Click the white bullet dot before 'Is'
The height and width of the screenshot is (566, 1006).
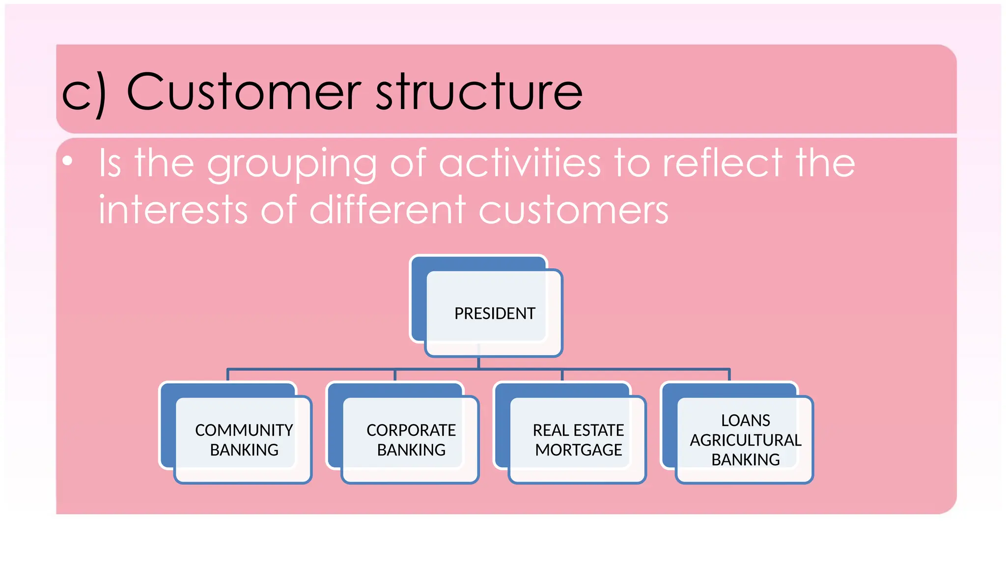(x=68, y=161)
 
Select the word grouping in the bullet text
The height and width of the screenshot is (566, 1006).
(x=292, y=165)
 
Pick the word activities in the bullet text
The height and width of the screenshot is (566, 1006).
(x=520, y=163)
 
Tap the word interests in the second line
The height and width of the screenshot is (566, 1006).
(x=172, y=210)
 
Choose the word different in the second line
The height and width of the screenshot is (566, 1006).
(x=388, y=210)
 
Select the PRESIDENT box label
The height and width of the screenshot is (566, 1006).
(x=494, y=313)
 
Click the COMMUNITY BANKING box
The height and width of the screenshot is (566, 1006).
(x=243, y=440)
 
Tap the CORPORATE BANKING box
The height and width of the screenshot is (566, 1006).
(x=411, y=440)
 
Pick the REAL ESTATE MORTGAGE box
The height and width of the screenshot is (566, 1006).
(x=578, y=440)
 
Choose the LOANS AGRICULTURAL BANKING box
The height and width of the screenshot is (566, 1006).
(x=745, y=440)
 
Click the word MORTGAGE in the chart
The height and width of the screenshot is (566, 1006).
(x=578, y=450)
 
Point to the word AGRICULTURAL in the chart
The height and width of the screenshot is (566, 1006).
(x=745, y=440)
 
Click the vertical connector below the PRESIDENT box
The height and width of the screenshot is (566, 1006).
(x=478, y=363)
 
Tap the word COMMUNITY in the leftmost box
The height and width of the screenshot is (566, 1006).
(x=244, y=430)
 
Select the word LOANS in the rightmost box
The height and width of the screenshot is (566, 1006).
(x=745, y=421)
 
